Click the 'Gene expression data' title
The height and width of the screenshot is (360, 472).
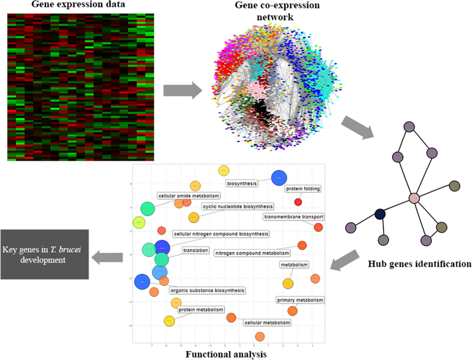click(x=80, y=6)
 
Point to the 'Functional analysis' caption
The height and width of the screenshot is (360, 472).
click(x=226, y=354)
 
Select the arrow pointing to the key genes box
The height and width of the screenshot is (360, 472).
click(x=107, y=257)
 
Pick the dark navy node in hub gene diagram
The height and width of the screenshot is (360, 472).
click(x=380, y=214)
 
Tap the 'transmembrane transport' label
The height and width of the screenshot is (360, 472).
click(x=294, y=216)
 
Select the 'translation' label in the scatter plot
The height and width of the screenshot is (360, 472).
click(x=195, y=250)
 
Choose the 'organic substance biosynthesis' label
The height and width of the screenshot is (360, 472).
click(x=207, y=290)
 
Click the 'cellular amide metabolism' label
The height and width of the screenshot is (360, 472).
click(x=188, y=196)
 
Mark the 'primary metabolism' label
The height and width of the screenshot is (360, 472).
click(x=300, y=300)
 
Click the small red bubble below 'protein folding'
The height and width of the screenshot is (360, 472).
click(x=298, y=202)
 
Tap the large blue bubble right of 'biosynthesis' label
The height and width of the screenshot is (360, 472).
click(x=279, y=178)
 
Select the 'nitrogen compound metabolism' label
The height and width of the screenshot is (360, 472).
click(x=253, y=253)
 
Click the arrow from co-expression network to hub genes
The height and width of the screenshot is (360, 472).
click(x=356, y=127)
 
